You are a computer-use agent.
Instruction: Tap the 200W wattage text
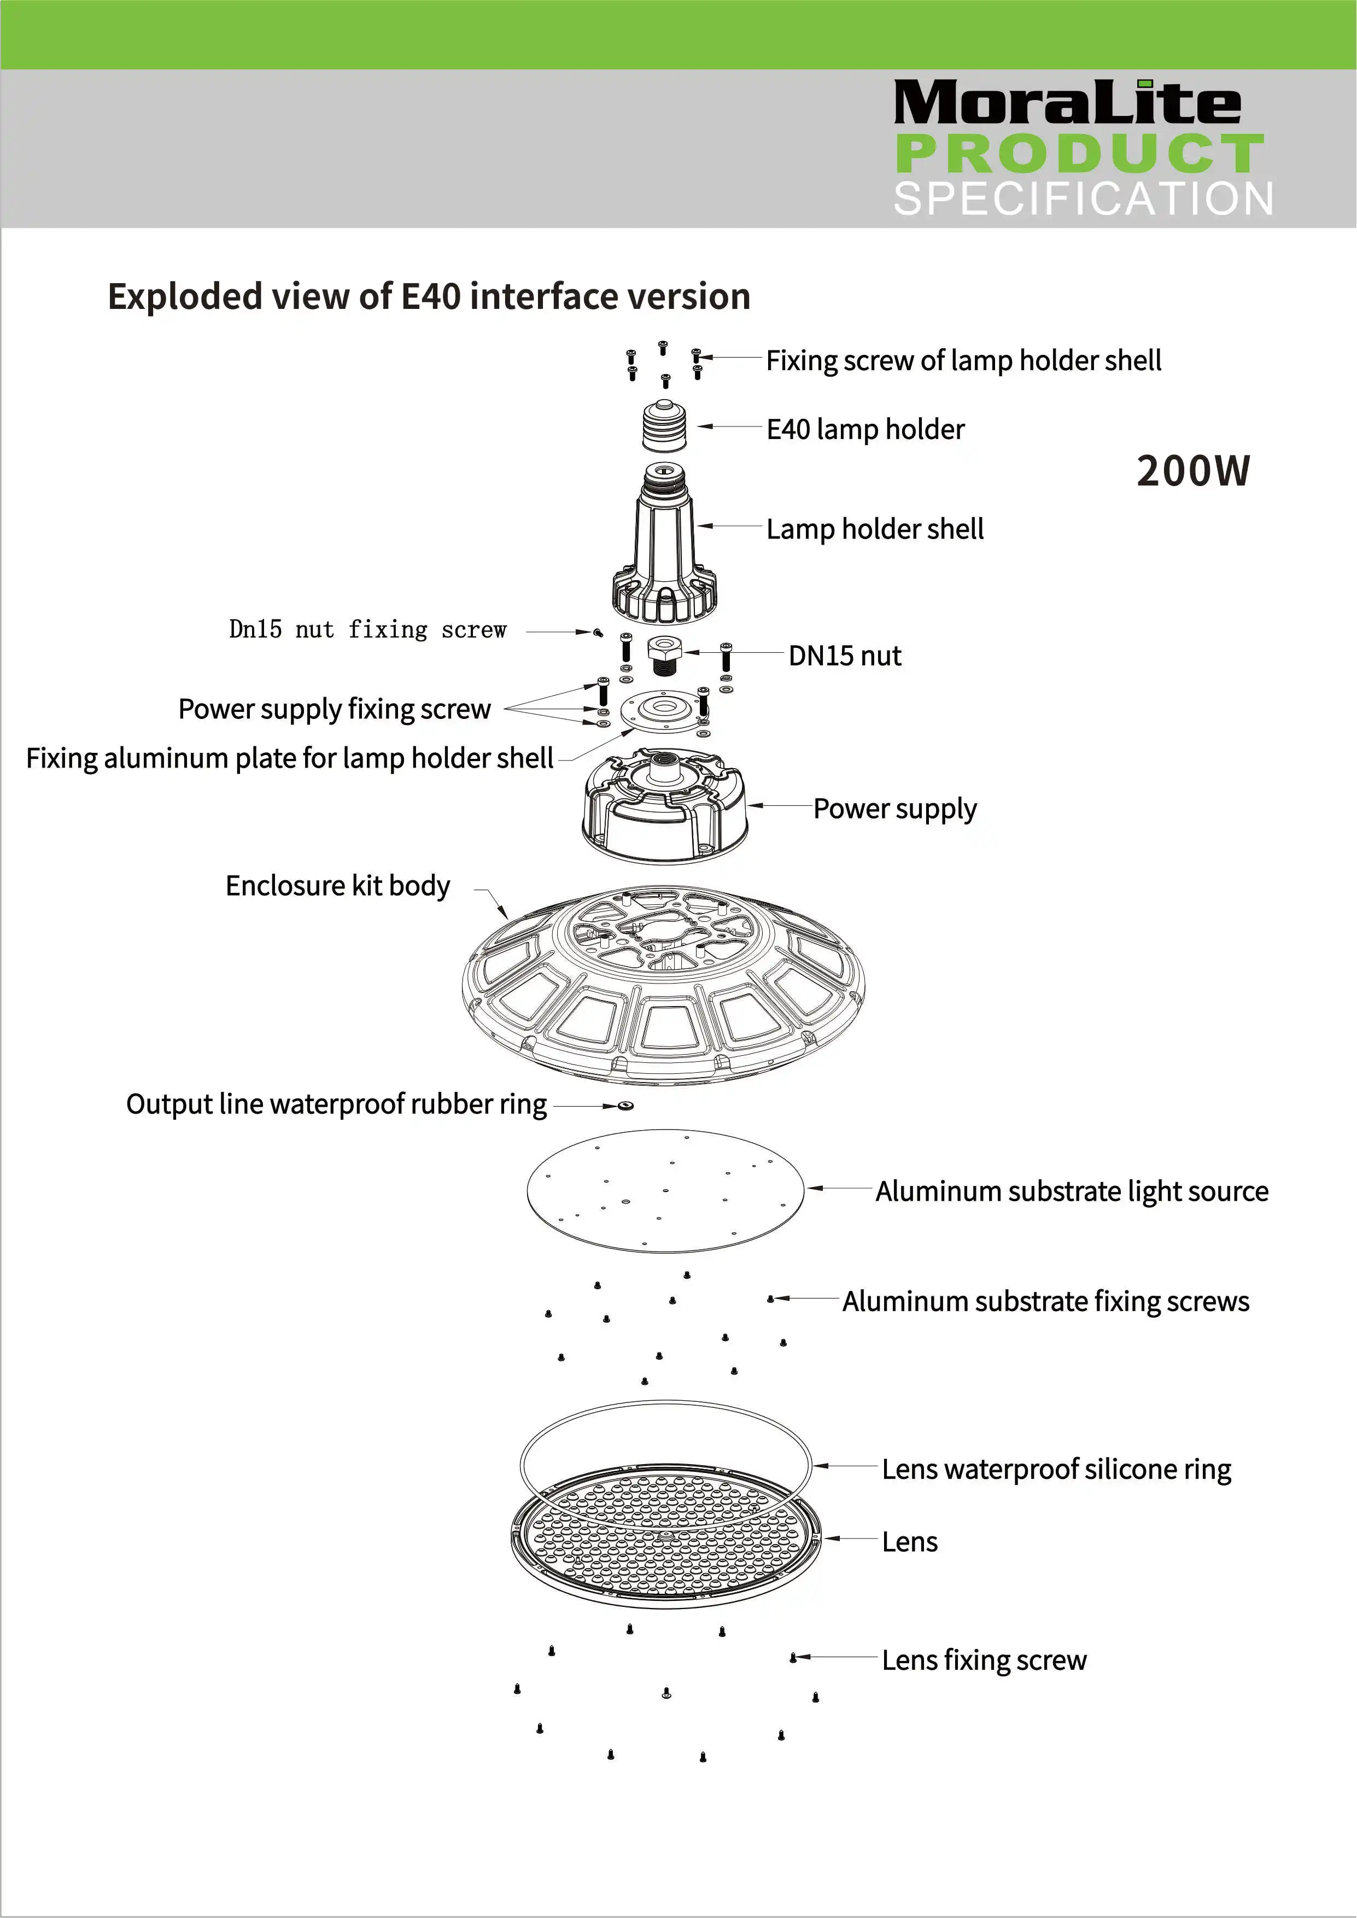tap(1192, 471)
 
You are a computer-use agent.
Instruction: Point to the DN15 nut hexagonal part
tap(664, 653)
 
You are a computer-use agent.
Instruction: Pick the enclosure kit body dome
tap(664, 986)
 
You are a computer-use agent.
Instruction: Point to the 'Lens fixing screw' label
tap(984, 1660)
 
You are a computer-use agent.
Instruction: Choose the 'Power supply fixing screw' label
tap(334, 709)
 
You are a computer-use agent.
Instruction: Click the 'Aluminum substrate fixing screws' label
tap(1045, 1301)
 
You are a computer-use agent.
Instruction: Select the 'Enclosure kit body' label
tap(337, 886)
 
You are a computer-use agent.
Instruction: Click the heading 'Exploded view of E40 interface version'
tap(429, 296)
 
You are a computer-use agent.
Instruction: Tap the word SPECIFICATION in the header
tap(1083, 199)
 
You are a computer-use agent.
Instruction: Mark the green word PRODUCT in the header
tap(1080, 153)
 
